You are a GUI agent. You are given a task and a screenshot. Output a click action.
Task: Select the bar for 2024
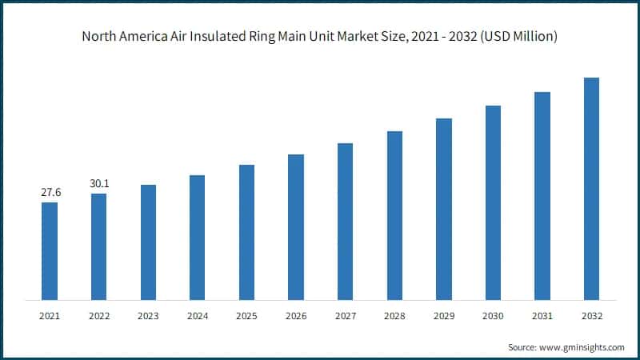point(197,238)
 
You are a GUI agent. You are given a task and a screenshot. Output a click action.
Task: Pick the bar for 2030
point(493,202)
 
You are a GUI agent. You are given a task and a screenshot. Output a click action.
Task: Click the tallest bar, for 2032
point(591,189)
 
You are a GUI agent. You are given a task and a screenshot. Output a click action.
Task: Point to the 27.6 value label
point(50,193)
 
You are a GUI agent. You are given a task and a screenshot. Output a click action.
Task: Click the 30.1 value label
point(99,184)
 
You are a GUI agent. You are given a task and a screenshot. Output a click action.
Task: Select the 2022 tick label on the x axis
point(98,316)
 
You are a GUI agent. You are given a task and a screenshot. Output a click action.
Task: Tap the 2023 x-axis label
point(148,316)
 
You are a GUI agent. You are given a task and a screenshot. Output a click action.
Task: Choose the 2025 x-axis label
point(246,316)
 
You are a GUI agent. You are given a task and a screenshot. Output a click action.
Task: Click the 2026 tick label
point(296,316)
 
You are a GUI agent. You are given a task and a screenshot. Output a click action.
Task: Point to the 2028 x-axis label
point(394,316)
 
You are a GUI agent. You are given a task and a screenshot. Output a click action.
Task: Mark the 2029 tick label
point(444,316)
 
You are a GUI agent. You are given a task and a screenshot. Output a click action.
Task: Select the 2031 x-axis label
point(542,316)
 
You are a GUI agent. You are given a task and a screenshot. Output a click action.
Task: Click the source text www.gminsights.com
point(582,347)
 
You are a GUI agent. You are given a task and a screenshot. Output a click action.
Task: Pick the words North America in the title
point(122,37)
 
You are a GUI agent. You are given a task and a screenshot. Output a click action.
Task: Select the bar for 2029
point(444,210)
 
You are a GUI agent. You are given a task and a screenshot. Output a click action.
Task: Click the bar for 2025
point(246,233)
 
